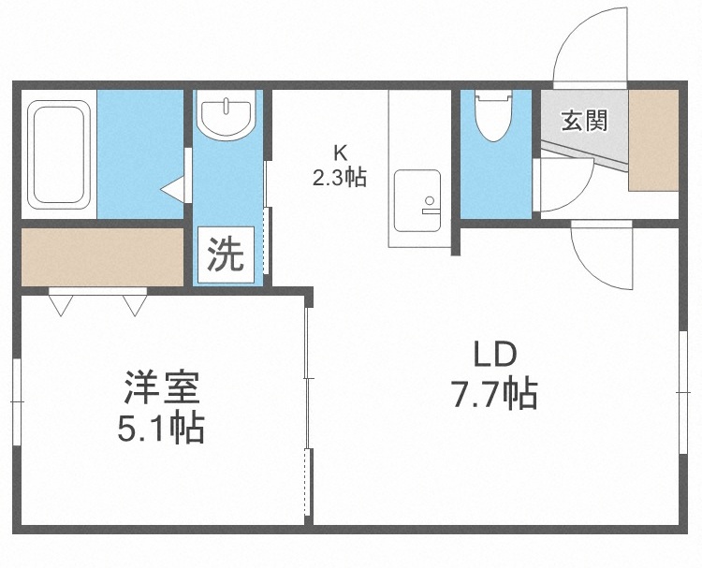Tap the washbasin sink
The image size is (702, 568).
226,116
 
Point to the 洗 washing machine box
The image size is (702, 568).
225,255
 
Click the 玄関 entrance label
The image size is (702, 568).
583,121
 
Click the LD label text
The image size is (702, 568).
494,356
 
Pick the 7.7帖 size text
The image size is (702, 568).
494,397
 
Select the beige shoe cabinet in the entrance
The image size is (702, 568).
652,140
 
